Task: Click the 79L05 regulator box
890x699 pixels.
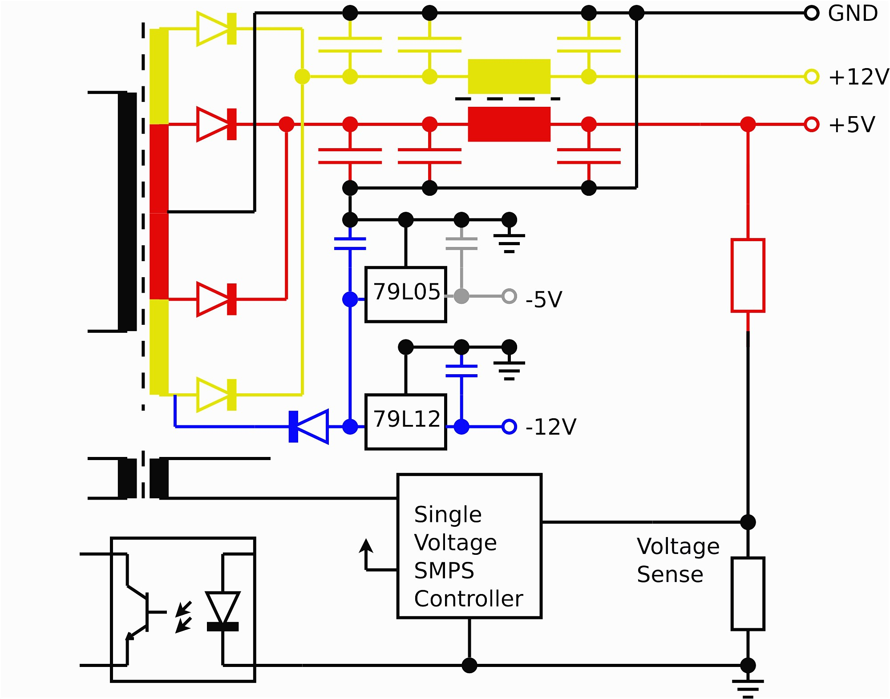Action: (405, 294)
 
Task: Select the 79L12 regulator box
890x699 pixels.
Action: (405, 421)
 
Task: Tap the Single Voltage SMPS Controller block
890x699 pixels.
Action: (469, 545)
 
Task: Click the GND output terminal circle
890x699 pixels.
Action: (811, 13)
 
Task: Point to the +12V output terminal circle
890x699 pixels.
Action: (811, 77)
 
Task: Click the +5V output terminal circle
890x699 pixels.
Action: (811, 124)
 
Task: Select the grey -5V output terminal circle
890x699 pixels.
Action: (509, 296)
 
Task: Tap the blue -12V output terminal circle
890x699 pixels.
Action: (509, 427)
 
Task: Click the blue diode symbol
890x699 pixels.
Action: (309, 427)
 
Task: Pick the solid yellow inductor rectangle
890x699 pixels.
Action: (509, 77)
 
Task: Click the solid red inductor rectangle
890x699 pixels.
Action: (509, 124)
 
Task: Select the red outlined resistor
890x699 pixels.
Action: (748, 275)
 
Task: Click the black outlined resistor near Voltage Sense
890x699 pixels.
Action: (748, 594)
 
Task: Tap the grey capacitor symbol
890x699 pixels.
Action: (461, 243)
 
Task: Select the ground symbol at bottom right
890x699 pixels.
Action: (748, 687)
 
